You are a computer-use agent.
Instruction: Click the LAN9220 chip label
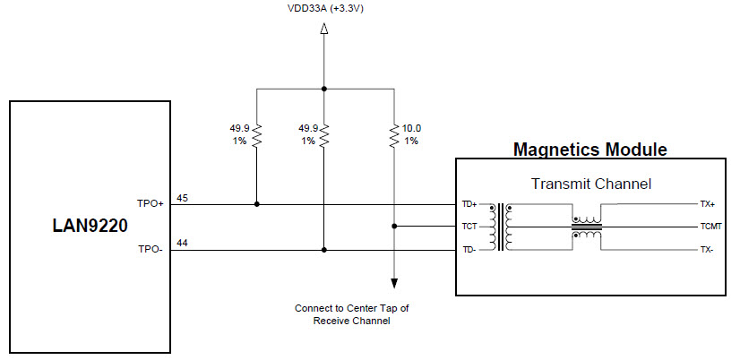[x=89, y=227]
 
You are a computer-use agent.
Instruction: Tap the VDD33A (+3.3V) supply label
[x=323, y=9]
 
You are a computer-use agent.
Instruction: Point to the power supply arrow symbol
[x=324, y=30]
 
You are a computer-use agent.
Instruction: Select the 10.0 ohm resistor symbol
[x=394, y=135]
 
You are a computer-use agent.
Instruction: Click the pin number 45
[x=183, y=197]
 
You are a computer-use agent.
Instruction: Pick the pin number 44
[x=183, y=244]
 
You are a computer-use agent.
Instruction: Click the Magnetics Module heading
[x=589, y=149]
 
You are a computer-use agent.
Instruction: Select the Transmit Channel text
[x=590, y=184]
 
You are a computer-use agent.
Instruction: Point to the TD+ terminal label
[x=469, y=204]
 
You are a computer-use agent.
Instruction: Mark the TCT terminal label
[x=469, y=227]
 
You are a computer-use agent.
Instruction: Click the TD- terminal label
[x=469, y=250]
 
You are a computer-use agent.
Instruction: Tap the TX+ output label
[x=707, y=204]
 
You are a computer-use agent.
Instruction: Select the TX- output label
[x=707, y=250]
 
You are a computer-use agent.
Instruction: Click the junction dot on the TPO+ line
[x=257, y=204]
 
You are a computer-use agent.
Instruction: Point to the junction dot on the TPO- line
[x=324, y=251]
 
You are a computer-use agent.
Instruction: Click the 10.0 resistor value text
[x=412, y=128]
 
